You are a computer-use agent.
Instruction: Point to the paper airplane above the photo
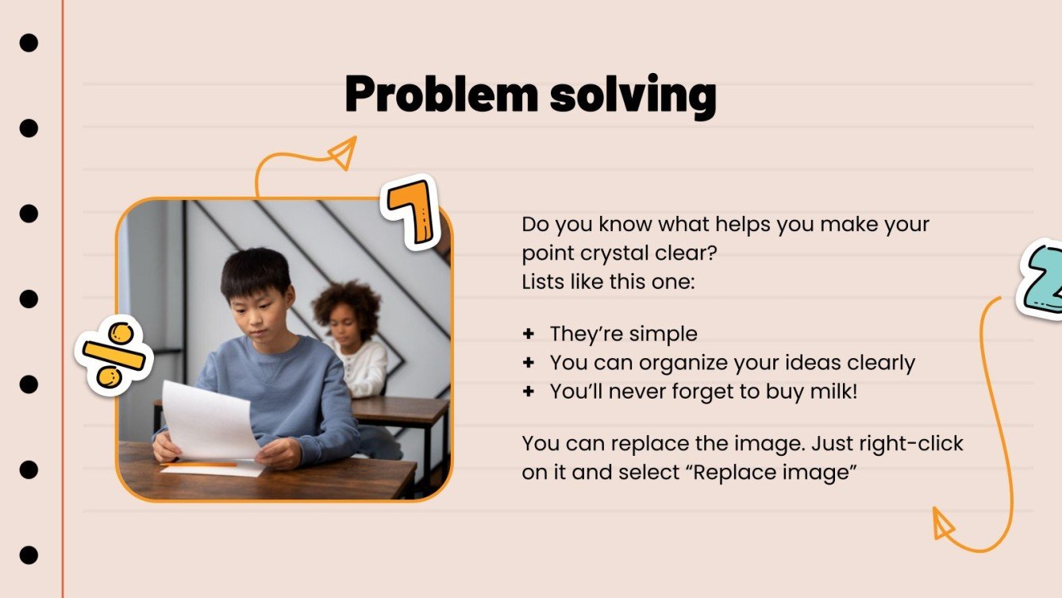[x=343, y=152]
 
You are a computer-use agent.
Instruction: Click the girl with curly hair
[x=350, y=334]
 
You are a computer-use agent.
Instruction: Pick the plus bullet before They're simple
[x=529, y=334]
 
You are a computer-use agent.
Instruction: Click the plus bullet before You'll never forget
[x=529, y=392]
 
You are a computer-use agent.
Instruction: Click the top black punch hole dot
[x=29, y=43]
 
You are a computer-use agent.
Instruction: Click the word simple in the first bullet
[x=662, y=334]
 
